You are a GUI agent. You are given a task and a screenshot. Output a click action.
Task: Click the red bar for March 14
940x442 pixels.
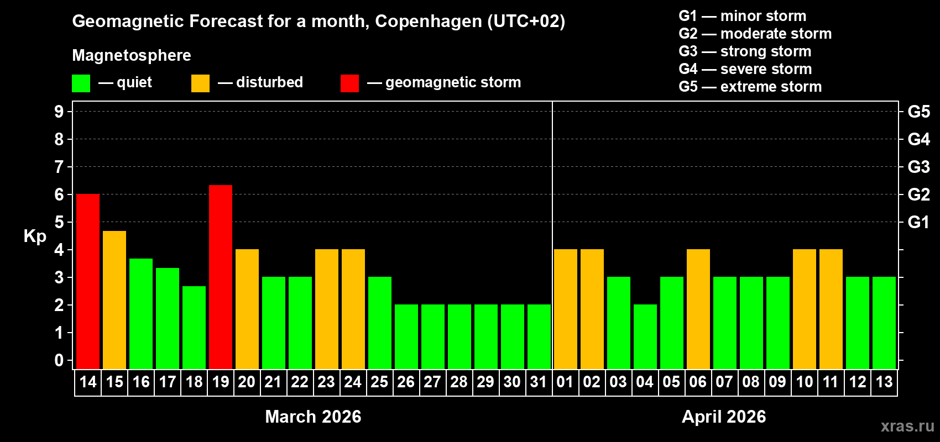coord(88,281)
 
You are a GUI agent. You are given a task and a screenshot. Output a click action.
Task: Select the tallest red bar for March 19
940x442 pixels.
coord(221,277)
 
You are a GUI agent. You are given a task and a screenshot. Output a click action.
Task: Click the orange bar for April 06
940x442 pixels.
coord(698,309)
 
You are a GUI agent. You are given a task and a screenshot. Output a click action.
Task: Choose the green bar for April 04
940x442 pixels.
coord(645,336)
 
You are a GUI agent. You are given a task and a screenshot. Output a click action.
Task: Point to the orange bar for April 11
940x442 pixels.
coord(831,309)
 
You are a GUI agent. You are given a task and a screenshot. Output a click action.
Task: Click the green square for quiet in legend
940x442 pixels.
coord(81,83)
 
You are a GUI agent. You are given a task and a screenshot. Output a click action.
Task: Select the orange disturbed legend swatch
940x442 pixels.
coord(200,83)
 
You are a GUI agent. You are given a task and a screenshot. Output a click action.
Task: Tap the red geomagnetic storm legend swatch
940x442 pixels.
coord(349,83)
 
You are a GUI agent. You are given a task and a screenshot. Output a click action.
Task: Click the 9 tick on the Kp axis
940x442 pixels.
coord(59,112)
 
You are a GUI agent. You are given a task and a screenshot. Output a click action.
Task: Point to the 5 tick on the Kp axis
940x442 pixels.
coord(59,222)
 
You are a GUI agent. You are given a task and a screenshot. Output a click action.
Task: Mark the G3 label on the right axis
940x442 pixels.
coord(918,167)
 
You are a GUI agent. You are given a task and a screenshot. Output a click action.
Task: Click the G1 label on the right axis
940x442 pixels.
coord(918,222)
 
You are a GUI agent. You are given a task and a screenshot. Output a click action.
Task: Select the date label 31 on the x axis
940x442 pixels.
coord(539,382)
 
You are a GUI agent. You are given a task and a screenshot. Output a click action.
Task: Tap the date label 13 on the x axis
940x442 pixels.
coord(884,382)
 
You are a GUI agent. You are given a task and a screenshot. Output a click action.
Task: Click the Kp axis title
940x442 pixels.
coord(35,236)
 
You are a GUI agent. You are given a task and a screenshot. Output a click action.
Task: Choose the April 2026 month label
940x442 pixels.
coord(724,417)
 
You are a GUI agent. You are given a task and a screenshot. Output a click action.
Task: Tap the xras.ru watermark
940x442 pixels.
coord(907,426)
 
